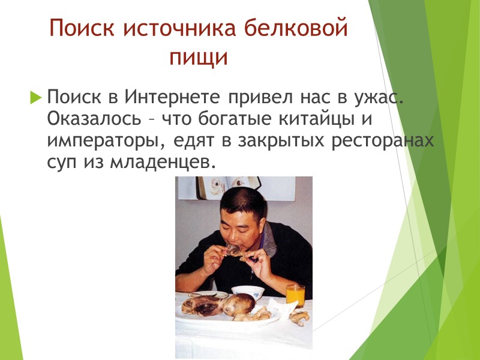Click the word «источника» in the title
(174, 28)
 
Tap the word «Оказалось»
(94, 118)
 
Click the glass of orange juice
(295, 295)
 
